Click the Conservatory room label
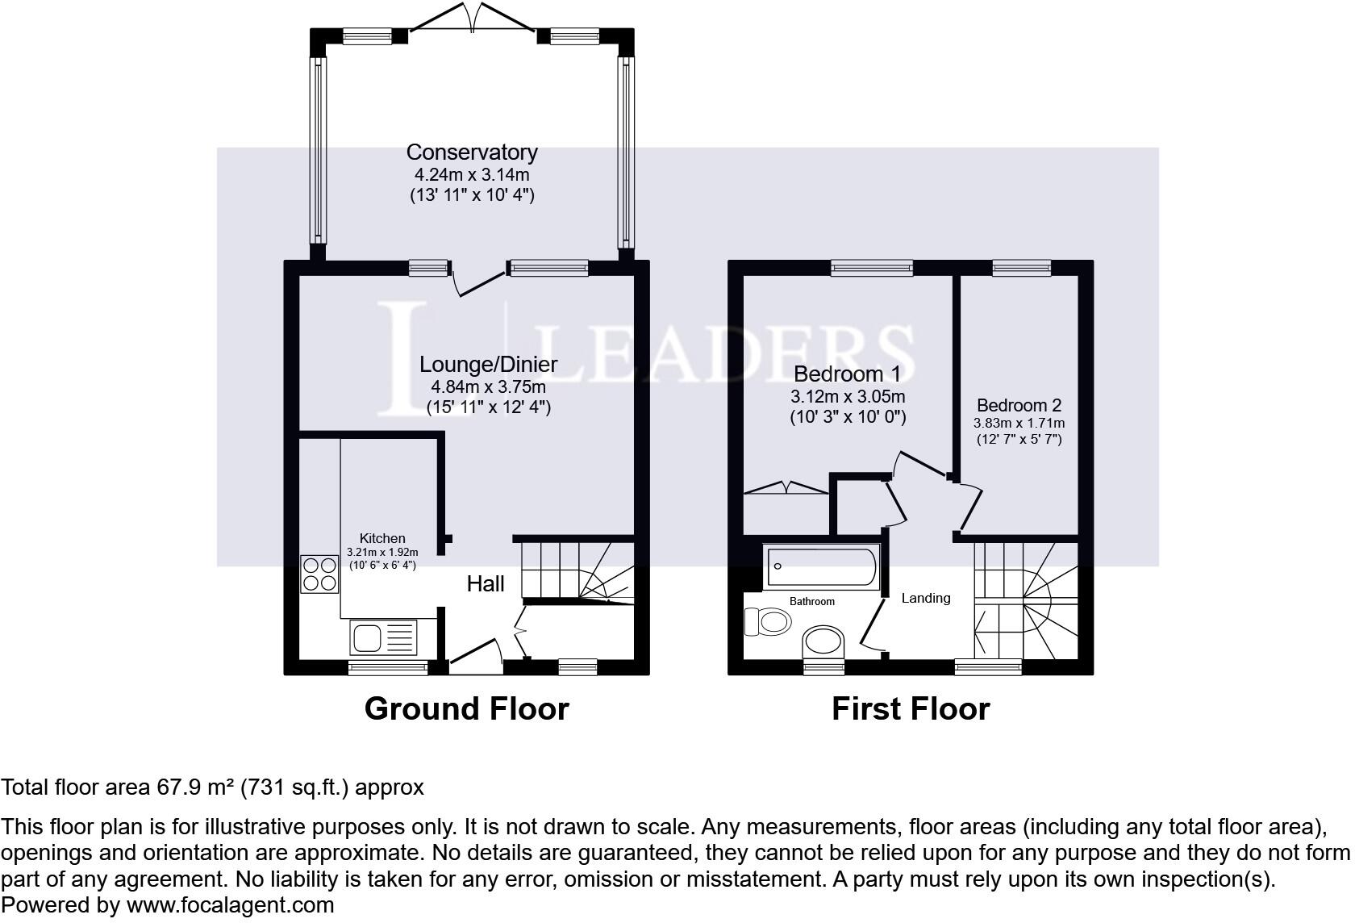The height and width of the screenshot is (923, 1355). click(472, 152)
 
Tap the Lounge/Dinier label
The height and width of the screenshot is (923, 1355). click(488, 365)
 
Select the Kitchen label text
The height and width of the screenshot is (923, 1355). click(382, 538)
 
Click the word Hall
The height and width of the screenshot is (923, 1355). click(486, 584)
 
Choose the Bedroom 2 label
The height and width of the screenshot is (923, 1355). click(1019, 405)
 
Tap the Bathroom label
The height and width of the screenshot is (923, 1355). click(811, 601)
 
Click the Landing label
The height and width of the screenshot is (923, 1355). click(926, 598)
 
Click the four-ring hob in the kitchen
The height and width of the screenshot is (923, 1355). click(319, 574)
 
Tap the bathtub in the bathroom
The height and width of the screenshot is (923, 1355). click(822, 566)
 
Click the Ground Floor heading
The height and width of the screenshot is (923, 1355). click(466, 708)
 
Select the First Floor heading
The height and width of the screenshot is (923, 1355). click(911, 708)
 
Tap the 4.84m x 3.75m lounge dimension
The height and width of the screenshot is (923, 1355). click(488, 386)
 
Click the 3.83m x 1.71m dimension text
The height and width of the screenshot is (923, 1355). click(1019, 423)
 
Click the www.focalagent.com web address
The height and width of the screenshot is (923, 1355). click(230, 905)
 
